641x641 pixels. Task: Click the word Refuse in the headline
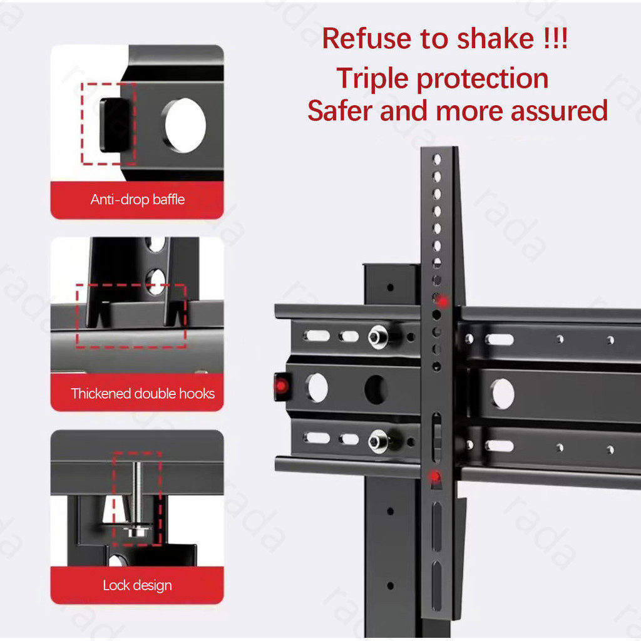367,39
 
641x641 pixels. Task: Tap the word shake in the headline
495,39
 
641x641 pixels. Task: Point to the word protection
483,79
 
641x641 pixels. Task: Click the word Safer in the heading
341,111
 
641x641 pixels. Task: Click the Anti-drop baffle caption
137,200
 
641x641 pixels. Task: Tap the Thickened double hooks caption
143,393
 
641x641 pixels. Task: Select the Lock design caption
137,585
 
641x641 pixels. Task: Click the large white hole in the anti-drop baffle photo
185,125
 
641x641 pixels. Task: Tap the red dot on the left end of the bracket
281,386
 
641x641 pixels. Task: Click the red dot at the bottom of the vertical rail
435,476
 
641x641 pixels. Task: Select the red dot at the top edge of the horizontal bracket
443,302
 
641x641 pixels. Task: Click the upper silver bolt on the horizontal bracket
378,337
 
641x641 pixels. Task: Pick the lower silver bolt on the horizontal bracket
378,441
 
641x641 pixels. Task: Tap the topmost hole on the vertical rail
437,159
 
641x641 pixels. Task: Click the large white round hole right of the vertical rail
503,394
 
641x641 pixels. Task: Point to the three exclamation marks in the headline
555,39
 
